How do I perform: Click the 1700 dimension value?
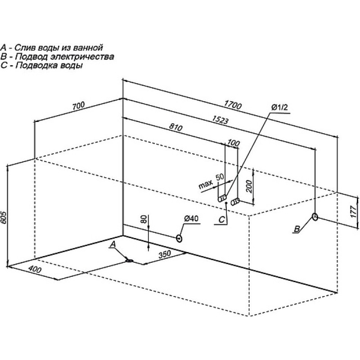(233, 105)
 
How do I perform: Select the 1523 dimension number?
(220, 120)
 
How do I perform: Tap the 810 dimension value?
(176, 127)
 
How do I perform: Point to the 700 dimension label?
(78, 105)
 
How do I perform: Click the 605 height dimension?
(4, 218)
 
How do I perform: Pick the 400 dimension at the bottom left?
(35, 269)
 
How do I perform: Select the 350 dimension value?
(165, 254)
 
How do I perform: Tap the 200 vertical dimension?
(250, 186)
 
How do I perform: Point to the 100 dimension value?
(234, 143)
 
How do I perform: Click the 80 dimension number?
(144, 219)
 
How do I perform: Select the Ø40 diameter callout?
(191, 219)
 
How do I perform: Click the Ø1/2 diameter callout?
(279, 107)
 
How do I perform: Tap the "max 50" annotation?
(211, 181)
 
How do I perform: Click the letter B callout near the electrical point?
(297, 229)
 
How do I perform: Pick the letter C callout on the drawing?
(221, 220)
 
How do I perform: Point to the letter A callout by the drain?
(112, 245)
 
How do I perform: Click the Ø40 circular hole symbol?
(179, 238)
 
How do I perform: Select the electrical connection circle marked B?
(315, 216)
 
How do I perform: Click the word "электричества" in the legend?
(82, 57)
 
